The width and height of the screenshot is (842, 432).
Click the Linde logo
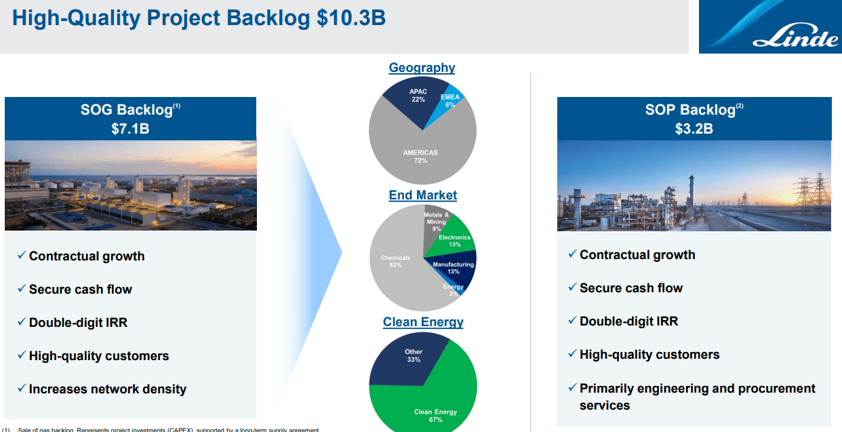769,28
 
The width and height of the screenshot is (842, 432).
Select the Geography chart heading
422,68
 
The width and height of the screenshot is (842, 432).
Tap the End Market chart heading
422,195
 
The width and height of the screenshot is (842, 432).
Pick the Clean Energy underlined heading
423,322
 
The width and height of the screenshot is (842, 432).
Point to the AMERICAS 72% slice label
420,157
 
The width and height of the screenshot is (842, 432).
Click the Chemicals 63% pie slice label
395,261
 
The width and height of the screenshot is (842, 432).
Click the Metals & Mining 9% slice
436,222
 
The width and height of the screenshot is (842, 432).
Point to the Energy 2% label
453,290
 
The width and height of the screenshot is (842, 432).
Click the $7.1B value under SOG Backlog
130,128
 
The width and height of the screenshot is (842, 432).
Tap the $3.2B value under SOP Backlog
694,128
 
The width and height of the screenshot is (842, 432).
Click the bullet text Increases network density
107,389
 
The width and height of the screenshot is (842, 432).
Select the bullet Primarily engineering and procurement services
697,397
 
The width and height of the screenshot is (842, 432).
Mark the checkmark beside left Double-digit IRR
22,322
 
